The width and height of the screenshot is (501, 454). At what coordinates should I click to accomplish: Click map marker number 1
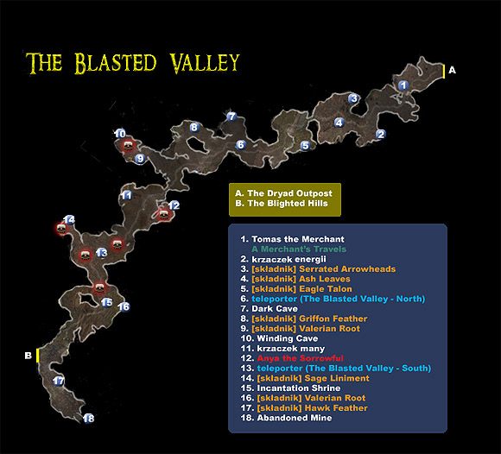pyautogui.click(x=403, y=84)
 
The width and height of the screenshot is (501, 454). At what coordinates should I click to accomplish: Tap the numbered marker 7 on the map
pyautogui.click(x=231, y=116)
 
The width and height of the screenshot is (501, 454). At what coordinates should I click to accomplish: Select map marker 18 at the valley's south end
pyautogui.click(x=88, y=419)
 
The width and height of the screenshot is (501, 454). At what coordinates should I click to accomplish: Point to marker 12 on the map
pyautogui.click(x=174, y=205)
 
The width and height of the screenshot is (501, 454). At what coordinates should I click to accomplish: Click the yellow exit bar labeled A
pyautogui.click(x=444, y=72)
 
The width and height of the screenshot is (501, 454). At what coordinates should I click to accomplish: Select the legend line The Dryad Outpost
pyautogui.click(x=282, y=192)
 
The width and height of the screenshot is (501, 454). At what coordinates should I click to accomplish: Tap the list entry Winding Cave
pyautogui.click(x=286, y=338)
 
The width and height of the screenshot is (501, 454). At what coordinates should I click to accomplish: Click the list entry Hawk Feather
pyautogui.click(x=308, y=407)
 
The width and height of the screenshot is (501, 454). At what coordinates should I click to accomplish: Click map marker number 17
pyautogui.click(x=59, y=381)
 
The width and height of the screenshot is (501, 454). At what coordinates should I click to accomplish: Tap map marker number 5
pyautogui.click(x=305, y=146)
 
